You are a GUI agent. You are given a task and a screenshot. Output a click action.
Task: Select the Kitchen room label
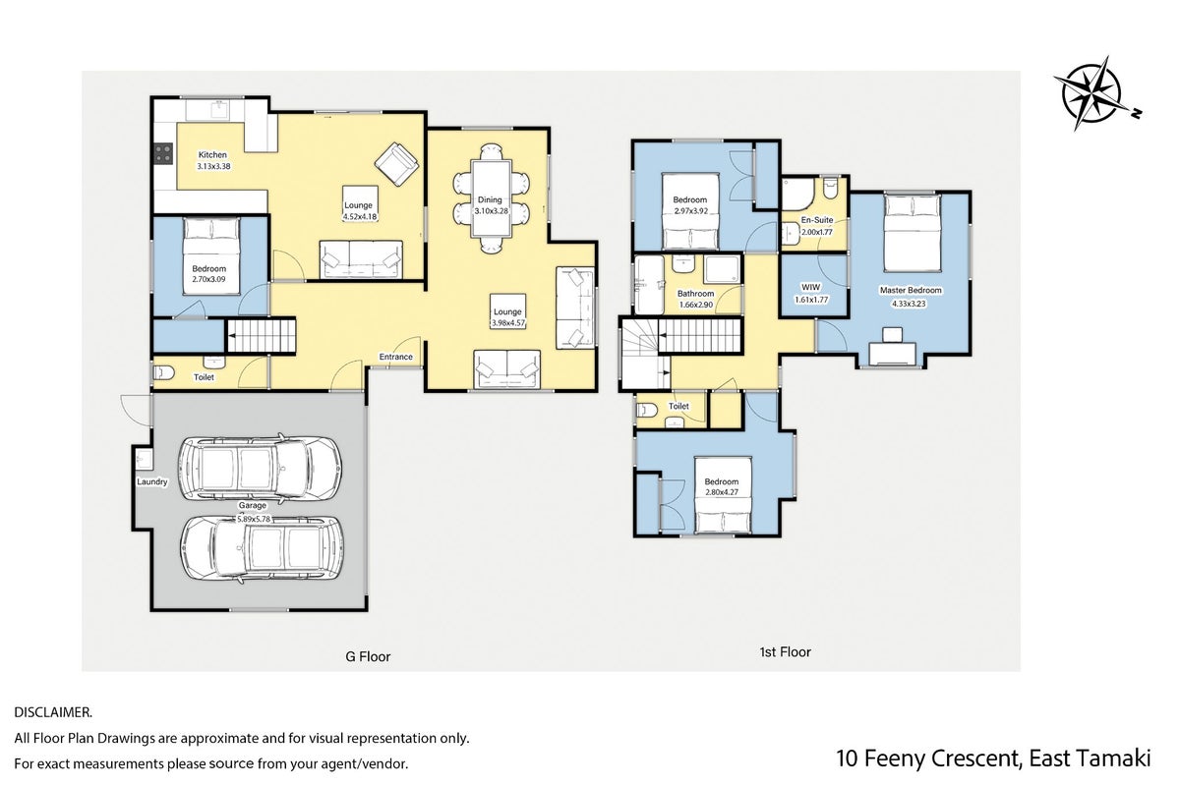(x=212, y=155)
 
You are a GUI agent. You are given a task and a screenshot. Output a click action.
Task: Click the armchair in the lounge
(x=397, y=163)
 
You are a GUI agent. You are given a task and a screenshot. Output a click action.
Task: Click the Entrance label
(x=395, y=357)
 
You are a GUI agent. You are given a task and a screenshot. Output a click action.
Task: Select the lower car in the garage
(x=262, y=548)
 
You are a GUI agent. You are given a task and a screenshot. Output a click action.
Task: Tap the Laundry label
(x=151, y=481)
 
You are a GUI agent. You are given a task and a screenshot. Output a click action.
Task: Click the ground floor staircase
(x=261, y=335)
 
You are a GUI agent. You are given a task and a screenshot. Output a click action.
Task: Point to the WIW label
(x=810, y=287)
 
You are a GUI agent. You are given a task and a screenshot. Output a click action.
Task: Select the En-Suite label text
(x=817, y=220)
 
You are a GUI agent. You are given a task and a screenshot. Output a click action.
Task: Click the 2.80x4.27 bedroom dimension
(x=722, y=493)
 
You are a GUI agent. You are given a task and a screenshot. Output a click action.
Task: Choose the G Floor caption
(x=369, y=656)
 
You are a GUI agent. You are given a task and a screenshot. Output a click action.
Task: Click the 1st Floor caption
(x=785, y=652)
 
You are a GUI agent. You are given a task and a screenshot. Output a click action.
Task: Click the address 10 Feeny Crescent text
(x=928, y=758)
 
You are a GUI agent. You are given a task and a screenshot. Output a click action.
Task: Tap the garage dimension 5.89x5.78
(x=254, y=519)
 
